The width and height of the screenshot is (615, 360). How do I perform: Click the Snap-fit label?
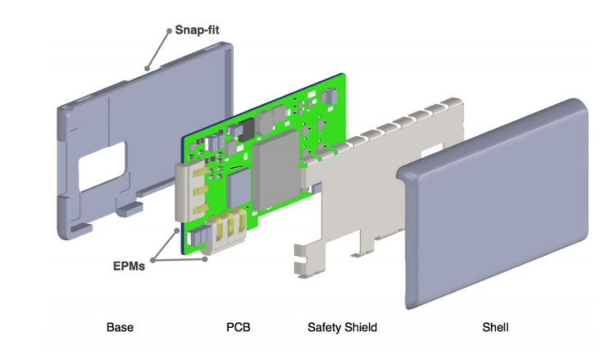pos(197,30)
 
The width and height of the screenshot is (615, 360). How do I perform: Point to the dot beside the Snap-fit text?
pos(170,31)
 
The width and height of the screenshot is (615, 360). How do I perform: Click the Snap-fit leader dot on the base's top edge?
pos(148,67)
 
